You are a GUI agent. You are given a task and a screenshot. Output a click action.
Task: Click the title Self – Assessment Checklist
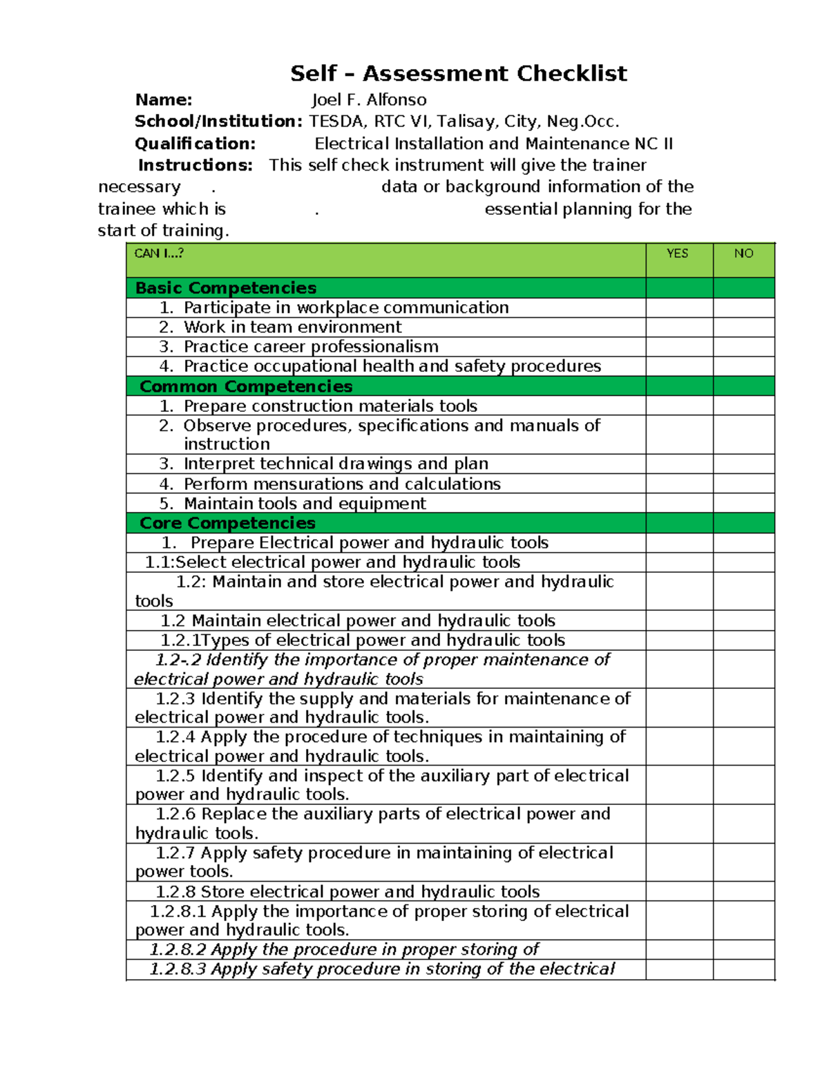pos(458,73)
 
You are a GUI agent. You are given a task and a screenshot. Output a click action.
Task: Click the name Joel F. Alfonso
pos(369,100)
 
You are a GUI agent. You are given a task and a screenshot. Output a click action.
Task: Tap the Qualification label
pos(195,144)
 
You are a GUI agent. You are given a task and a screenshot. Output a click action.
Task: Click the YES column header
pos(677,254)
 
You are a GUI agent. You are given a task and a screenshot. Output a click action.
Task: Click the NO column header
pos(743,254)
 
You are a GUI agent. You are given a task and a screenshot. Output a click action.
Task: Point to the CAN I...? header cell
pos(159,254)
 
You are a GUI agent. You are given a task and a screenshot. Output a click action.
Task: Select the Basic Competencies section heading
pos(226,288)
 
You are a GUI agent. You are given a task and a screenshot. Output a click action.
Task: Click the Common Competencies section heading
pos(246,386)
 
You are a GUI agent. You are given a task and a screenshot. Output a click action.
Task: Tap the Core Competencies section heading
pos(227,523)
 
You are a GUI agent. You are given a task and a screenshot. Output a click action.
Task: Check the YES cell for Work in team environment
pos(679,327)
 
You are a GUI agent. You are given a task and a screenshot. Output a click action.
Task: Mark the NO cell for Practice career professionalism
pos(743,347)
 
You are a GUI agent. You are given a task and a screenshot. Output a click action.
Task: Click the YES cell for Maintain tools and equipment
pos(679,503)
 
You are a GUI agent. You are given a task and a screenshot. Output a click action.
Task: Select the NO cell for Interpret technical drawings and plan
pos(743,464)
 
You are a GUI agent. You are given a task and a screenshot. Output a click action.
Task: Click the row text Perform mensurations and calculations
pos(342,484)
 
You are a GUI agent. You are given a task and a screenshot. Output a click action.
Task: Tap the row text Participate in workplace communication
pos(345,307)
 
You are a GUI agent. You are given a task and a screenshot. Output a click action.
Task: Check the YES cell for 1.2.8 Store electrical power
pos(679,891)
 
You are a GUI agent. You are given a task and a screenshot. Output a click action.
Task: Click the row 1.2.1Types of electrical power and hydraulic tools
pos(363,640)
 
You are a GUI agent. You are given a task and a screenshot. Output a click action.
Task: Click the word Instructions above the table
pos(195,165)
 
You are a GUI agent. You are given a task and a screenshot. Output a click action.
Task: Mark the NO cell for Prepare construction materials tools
pos(743,406)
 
